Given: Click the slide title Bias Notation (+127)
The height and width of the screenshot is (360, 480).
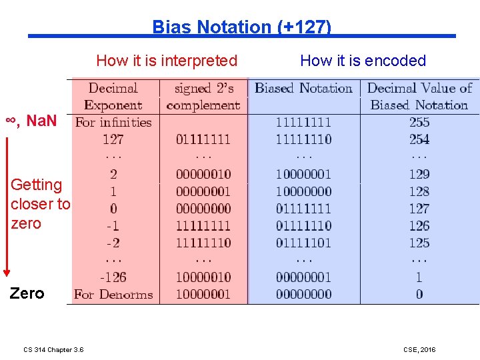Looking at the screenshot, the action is (241, 27).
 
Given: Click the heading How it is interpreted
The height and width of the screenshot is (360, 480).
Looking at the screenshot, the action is (167, 61).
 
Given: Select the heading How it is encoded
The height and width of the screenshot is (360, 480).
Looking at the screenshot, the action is (363, 61).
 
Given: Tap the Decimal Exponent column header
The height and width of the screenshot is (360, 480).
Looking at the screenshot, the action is (113, 97).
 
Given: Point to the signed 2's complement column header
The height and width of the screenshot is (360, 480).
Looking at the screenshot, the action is (203, 97).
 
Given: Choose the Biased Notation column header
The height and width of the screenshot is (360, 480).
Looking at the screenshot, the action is (304, 89).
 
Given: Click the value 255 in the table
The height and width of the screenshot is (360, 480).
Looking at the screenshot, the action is (419, 122).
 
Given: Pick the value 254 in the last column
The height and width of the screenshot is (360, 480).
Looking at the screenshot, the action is (419, 139).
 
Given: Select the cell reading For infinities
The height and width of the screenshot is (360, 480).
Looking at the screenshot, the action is (113, 122).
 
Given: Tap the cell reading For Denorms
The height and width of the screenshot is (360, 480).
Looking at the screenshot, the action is (113, 294).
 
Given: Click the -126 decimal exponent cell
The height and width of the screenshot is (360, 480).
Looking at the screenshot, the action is (113, 277).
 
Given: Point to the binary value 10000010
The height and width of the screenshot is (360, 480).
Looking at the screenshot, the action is (203, 277).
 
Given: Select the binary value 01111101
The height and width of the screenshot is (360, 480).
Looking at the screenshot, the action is (304, 243).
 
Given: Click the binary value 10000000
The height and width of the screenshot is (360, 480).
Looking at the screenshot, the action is (304, 191).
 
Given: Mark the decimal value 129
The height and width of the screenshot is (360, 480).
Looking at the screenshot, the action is (419, 174).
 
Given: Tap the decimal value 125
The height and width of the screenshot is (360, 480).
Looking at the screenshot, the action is (419, 243).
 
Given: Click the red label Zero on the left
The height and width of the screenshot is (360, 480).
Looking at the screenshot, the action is (27, 293).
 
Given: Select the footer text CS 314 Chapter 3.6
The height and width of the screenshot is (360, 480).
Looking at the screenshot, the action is (53, 349).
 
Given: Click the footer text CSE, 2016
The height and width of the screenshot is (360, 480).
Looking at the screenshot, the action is (419, 349).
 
